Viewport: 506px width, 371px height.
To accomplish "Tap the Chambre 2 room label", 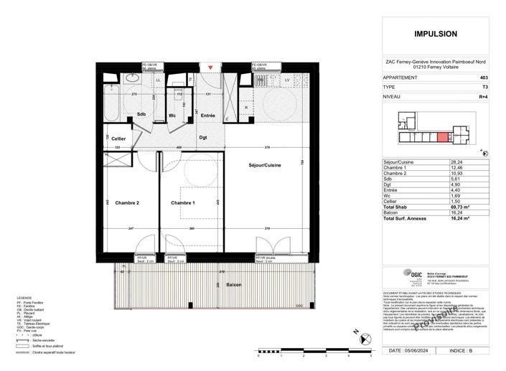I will point(127,203).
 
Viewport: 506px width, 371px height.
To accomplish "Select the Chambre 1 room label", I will point(184,203).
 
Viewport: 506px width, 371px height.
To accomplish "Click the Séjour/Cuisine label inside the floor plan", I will point(265,166).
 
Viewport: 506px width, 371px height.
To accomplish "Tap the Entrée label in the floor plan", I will point(208,116).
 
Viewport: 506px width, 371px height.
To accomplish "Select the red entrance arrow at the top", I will point(210,67).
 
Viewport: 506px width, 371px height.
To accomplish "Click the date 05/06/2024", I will point(420,352).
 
